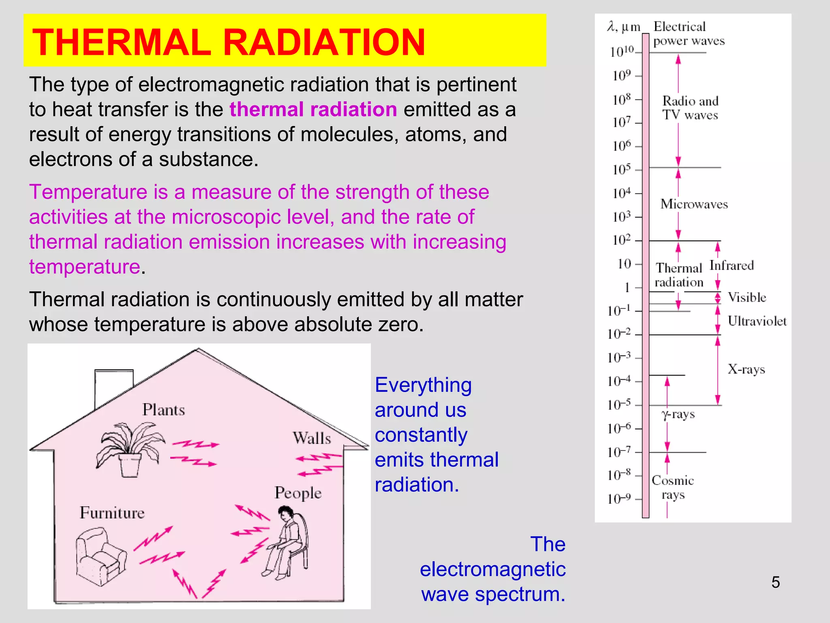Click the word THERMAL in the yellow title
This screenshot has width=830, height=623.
click(x=122, y=42)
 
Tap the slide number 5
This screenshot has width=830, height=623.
click(x=775, y=582)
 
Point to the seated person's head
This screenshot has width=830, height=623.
click(x=286, y=513)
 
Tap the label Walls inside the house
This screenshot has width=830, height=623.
click(x=312, y=438)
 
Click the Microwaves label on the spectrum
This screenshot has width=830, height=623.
click(x=694, y=204)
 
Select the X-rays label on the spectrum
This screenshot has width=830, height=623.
click(x=746, y=369)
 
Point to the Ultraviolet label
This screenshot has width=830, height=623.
click(x=757, y=321)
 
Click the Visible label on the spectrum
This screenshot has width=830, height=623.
click(x=747, y=297)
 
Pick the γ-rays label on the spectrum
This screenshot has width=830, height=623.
click(x=678, y=415)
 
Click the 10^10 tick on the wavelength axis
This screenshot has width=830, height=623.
click(x=622, y=52)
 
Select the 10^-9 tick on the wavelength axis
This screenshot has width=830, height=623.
click(x=619, y=499)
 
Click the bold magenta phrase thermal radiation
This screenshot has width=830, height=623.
click(x=313, y=110)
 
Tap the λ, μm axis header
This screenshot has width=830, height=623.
click(x=623, y=27)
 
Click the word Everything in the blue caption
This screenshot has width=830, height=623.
click(x=423, y=385)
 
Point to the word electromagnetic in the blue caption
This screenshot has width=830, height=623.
click(x=492, y=569)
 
